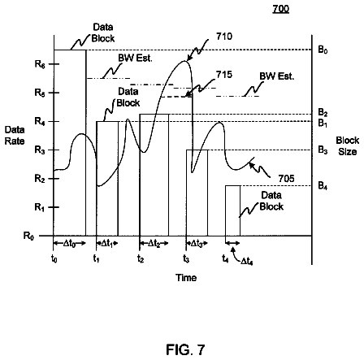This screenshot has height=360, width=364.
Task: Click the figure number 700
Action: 281,9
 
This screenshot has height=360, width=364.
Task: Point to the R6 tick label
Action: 40,64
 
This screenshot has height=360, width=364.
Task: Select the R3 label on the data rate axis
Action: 40,150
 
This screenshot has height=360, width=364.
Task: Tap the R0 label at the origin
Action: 28,236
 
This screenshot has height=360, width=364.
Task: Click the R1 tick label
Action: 39,207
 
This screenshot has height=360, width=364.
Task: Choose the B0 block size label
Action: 323,50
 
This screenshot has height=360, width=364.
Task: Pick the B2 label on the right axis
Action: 323,112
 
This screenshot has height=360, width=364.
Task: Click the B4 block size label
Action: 323,186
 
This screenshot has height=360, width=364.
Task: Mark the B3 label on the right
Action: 323,150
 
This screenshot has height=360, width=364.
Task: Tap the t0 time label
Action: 54,259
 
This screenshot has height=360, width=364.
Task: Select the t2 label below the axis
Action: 141,259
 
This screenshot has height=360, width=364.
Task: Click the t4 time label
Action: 225,259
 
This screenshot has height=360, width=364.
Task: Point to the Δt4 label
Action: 247,261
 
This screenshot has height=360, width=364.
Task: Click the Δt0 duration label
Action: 69,244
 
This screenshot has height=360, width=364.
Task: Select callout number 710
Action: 224,37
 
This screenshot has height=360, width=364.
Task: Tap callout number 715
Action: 224,75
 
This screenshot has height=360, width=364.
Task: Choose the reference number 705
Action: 286,179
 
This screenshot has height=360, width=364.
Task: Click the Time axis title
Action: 186,278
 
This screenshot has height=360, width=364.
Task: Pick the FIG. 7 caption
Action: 185,349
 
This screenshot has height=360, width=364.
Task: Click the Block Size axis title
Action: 348,146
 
